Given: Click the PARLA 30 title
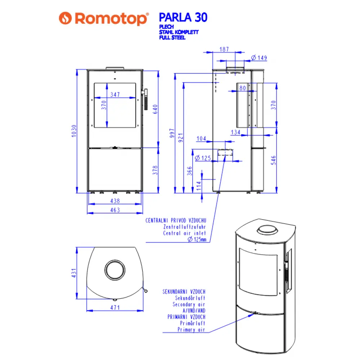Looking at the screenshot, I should coord(183,17).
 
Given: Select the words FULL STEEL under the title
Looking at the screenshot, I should coord(172,37).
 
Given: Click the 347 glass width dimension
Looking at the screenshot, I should coord(115,95).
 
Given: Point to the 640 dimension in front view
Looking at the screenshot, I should coord(156,109).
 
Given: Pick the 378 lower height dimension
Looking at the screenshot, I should coord(156,170).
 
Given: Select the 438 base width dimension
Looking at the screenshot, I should coord(115,201).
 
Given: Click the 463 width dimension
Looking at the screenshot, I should coord(115,210).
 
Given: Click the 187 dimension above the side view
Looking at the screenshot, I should coord(224,49).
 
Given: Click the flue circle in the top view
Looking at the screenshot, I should coord(115,269).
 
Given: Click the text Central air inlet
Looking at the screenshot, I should coord(184,233).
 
